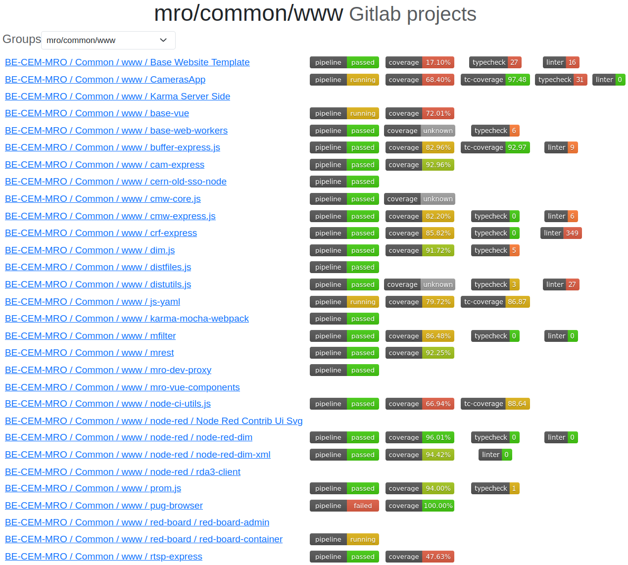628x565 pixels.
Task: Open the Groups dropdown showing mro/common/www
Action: [108, 41]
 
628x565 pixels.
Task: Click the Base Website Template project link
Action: [127, 62]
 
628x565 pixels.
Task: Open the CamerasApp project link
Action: [105, 80]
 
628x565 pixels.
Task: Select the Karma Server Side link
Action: [117, 96]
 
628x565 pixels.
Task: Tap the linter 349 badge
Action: [561, 233]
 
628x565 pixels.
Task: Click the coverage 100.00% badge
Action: [419, 506]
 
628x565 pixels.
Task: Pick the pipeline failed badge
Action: [344, 506]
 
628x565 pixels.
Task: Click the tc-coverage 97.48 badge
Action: [495, 80]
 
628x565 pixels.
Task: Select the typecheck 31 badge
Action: [561, 80]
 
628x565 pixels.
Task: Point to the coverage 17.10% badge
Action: [419, 62]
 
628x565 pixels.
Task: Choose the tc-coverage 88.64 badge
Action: [495, 404]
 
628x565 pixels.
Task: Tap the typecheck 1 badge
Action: [495, 488]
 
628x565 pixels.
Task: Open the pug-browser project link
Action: [104, 506]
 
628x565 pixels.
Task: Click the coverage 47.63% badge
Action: [419, 557]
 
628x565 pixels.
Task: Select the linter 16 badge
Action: [561, 62]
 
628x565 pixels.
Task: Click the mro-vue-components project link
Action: [122, 387]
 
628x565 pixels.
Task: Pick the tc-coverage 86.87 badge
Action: [495, 302]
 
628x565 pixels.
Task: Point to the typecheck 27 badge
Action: [495, 62]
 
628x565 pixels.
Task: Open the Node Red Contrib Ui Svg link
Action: [153, 421]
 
